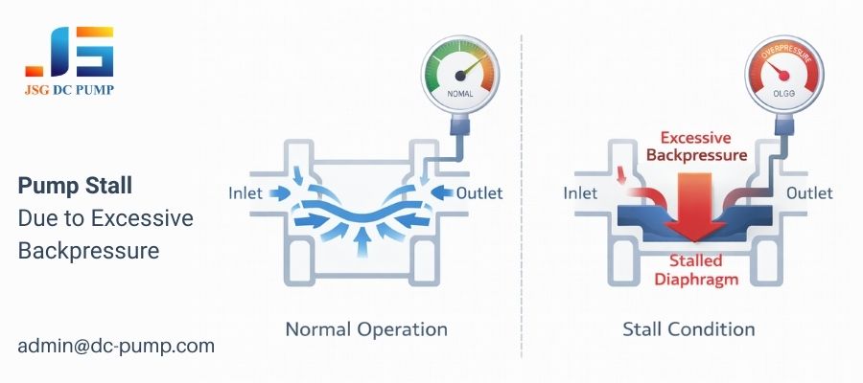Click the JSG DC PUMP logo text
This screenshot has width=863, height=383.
click(69, 93)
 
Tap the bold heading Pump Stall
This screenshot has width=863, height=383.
click(76, 185)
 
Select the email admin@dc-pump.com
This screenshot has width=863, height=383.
click(115, 346)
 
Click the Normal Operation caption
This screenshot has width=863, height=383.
click(366, 329)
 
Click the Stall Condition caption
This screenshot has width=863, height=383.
click(688, 329)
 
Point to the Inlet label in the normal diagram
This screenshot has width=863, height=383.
click(245, 192)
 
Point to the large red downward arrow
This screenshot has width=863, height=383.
click(688, 206)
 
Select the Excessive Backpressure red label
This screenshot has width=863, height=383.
click(688, 146)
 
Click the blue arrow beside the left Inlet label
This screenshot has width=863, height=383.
click(280, 192)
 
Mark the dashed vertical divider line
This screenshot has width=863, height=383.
click(521, 191)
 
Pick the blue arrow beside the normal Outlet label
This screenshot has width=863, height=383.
click(443, 193)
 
